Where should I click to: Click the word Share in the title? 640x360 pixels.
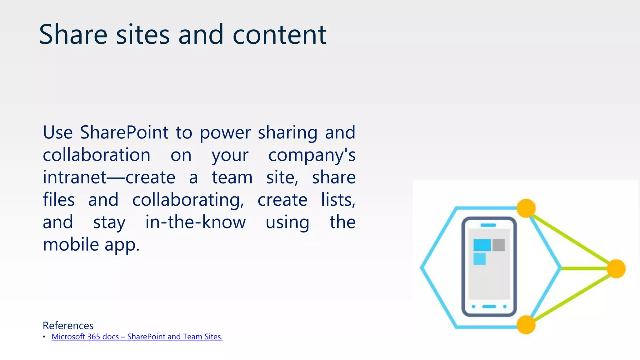pyautogui.click(x=73, y=34)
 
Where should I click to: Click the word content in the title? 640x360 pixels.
pyautogui.click(x=279, y=35)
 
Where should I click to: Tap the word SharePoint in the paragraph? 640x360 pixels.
pyautogui.click(x=124, y=132)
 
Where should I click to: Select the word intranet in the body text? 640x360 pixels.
pyautogui.click(x=75, y=177)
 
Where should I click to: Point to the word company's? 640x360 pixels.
pyautogui.click(x=312, y=155)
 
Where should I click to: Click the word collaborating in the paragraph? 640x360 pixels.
pyautogui.click(x=188, y=200)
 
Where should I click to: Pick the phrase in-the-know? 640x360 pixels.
pyautogui.click(x=196, y=222)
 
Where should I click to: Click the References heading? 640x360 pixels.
pyautogui.click(x=68, y=326)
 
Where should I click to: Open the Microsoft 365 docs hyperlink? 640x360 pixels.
pyautogui.click(x=137, y=337)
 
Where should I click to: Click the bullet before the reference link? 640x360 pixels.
pyautogui.click(x=44, y=337)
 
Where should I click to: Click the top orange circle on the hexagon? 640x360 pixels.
pyautogui.click(x=526, y=208)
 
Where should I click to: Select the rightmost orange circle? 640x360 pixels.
pyautogui.click(x=616, y=268)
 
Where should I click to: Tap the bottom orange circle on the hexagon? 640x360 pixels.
pyautogui.click(x=526, y=324)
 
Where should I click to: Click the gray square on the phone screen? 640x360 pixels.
pyautogui.click(x=499, y=245)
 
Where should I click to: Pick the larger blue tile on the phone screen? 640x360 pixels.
pyautogui.click(x=482, y=245)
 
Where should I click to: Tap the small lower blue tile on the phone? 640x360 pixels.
pyautogui.click(x=479, y=259)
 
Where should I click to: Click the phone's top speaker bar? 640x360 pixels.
pyautogui.click(x=488, y=225)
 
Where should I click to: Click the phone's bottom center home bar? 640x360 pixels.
pyautogui.click(x=489, y=307)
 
